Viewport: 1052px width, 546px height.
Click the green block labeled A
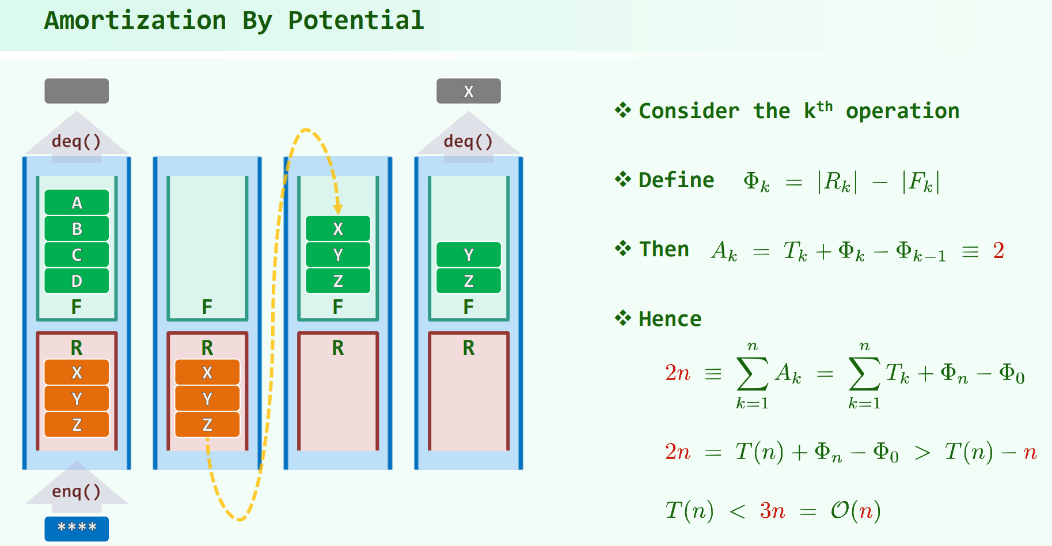[x=77, y=203]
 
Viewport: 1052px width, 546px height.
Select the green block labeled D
[x=77, y=281]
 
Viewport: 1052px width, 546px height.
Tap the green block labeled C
[x=77, y=255]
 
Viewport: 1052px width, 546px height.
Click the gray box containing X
[x=469, y=91]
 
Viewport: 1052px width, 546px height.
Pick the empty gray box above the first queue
[x=77, y=91]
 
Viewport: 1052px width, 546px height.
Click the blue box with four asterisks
[x=77, y=528]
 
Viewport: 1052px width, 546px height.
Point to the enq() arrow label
[x=77, y=491]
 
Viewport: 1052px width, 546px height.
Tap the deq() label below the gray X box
[x=469, y=141]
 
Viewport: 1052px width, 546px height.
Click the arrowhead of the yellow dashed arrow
[x=338, y=209]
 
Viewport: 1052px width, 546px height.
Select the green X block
[x=338, y=229]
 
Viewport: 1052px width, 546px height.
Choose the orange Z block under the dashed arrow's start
[x=207, y=424]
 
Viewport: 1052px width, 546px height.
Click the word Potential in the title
[x=356, y=21]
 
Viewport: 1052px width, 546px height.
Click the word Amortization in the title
[x=135, y=21]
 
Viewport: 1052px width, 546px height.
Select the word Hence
[x=670, y=318]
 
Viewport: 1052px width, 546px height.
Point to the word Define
[x=677, y=180]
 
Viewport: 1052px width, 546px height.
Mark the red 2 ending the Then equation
[x=998, y=251]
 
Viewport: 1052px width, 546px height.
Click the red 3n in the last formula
[x=772, y=510]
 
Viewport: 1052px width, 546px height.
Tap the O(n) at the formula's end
[x=855, y=510]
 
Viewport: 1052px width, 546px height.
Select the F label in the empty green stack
[x=207, y=306]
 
